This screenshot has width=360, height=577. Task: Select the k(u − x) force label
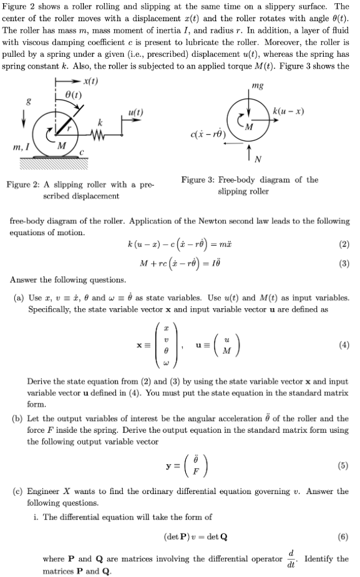point(289,110)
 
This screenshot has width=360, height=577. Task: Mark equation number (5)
point(344,465)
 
